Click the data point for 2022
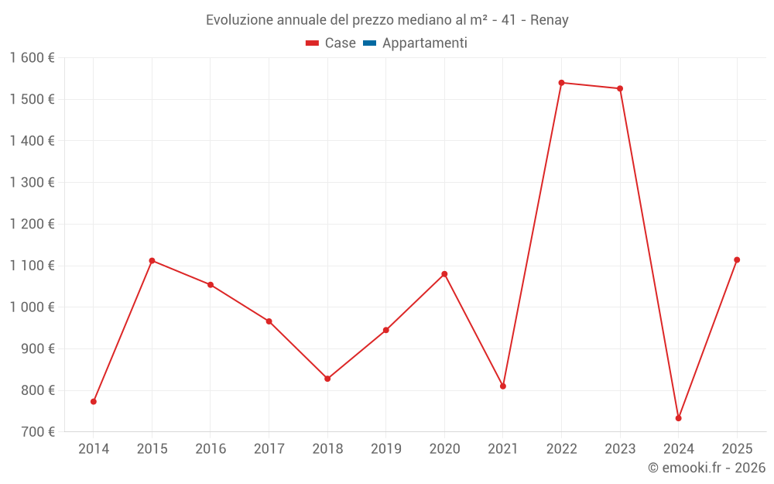(x=561, y=83)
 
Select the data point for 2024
(x=678, y=418)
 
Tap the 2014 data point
(x=94, y=402)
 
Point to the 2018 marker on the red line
(x=327, y=379)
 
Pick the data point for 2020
(x=444, y=274)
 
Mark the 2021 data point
(x=503, y=386)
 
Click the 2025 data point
(x=737, y=260)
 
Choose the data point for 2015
(x=152, y=260)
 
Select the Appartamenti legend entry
(x=424, y=43)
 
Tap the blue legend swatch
(x=369, y=43)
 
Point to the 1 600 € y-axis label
(x=33, y=57)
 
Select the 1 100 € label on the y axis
(x=33, y=266)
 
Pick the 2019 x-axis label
(x=385, y=449)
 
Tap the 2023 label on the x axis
(x=620, y=449)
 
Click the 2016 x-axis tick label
(x=211, y=449)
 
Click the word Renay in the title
(x=549, y=20)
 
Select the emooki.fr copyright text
(x=707, y=468)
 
